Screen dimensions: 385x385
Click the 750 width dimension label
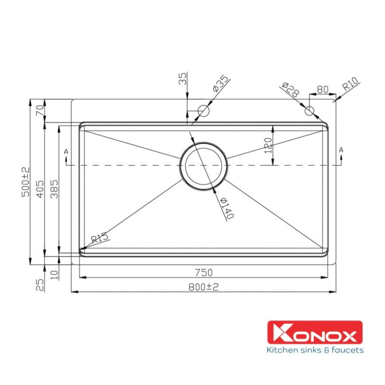tap(204, 272)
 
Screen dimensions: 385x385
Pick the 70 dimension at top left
tap(40, 110)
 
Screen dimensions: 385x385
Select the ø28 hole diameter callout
tap(288, 90)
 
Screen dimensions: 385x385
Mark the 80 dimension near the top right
tap(322, 90)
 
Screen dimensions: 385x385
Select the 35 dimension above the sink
tap(183, 79)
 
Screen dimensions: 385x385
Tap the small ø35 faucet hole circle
tap(203, 111)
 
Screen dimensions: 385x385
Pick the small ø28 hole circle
tap(309, 111)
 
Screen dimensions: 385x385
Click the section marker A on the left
tap(66, 152)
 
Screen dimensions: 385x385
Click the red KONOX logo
tap(315, 333)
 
